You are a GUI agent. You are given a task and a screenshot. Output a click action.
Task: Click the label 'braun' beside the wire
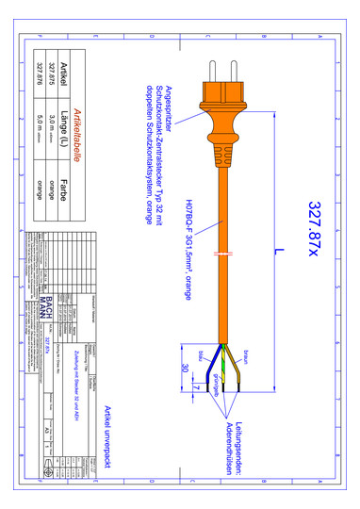(247, 358)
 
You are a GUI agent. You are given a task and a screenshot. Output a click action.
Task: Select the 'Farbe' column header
(62, 184)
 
